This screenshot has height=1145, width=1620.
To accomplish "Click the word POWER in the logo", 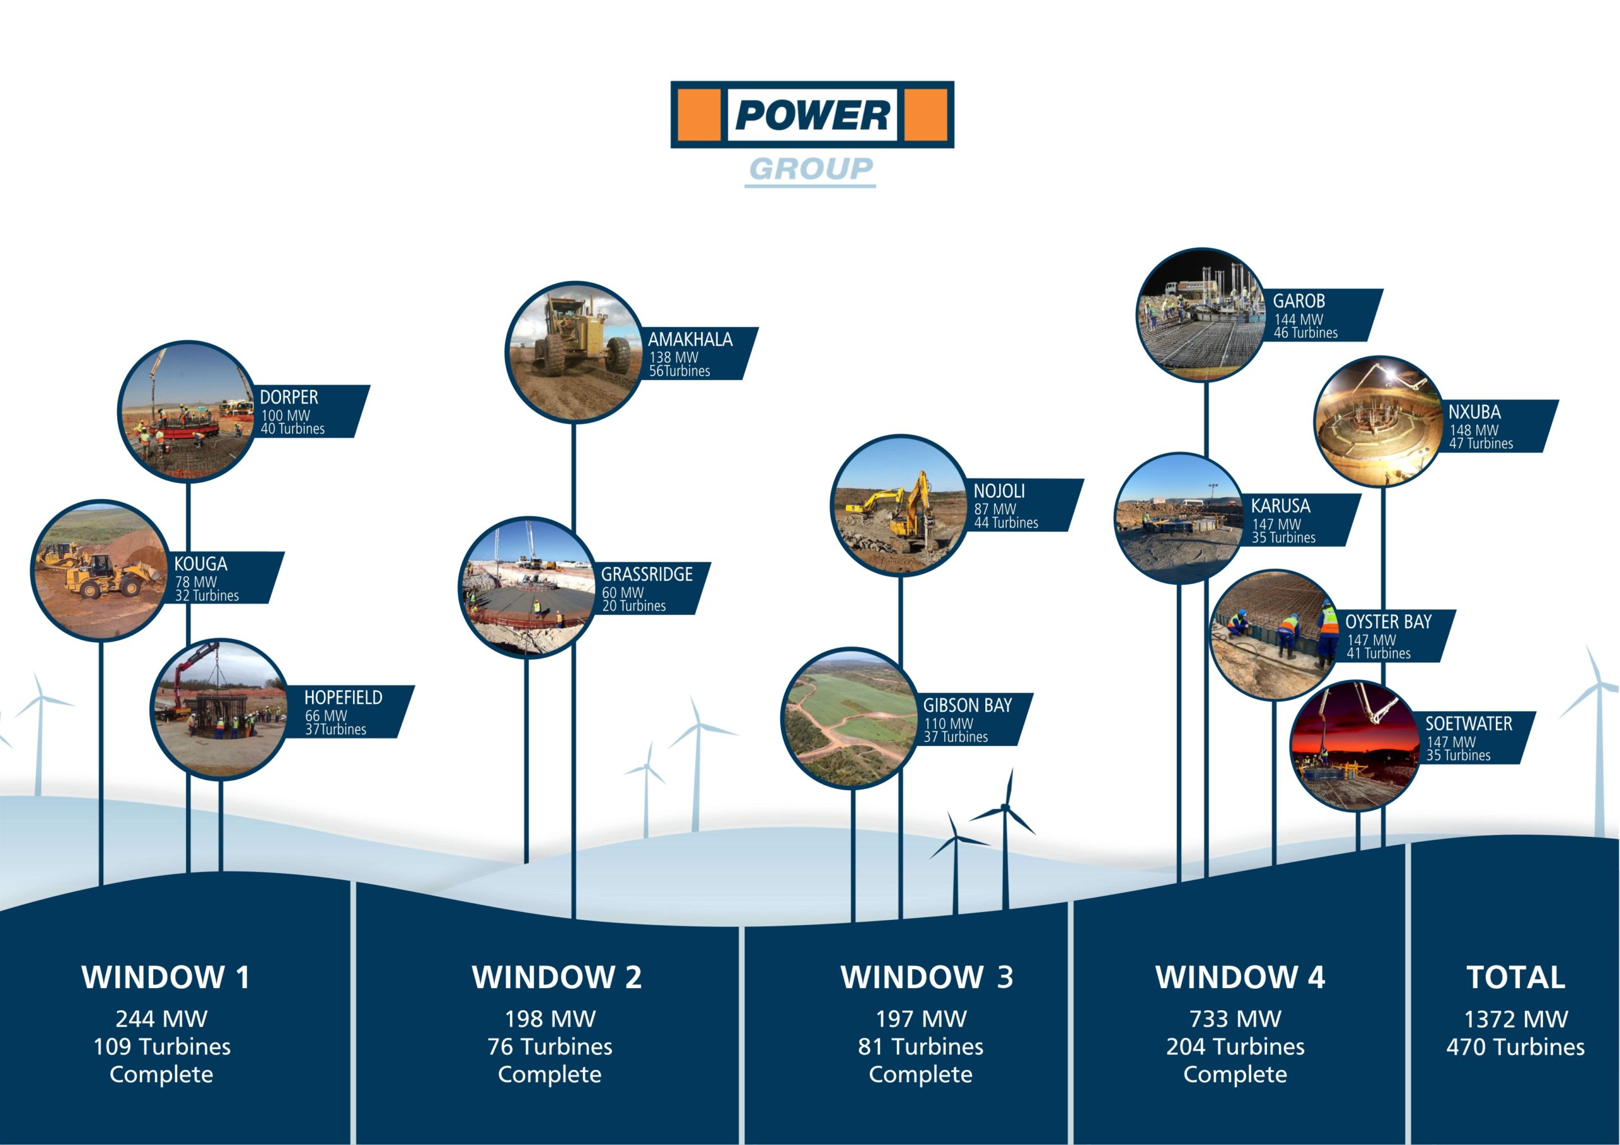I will (x=812, y=115).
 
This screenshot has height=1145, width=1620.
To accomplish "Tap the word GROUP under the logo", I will (x=811, y=170).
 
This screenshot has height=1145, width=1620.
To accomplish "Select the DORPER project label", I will (x=289, y=398).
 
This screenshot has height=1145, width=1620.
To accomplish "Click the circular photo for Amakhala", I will (x=573, y=353).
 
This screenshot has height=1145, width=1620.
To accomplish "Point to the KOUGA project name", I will (x=201, y=564).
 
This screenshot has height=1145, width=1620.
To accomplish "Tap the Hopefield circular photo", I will (x=220, y=709).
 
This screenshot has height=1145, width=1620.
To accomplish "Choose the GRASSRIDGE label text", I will (x=647, y=575).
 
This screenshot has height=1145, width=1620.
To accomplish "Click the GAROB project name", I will (x=1299, y=301).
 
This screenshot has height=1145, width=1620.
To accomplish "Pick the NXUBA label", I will (x=1474, y=412).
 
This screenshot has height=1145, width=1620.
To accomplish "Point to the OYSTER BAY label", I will (x=1388, y=622).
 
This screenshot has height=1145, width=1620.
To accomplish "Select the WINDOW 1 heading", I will (x=165, y=978).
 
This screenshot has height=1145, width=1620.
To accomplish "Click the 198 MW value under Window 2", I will (x=550, y=1019).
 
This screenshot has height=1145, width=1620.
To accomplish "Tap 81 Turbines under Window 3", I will (x=920, y=1047).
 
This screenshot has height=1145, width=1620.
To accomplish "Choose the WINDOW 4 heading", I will (x=1240, y=978).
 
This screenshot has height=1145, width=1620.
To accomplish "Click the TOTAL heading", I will (x=1516, y=978).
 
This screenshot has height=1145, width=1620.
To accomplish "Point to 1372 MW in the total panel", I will (x=1516, y=1019).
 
